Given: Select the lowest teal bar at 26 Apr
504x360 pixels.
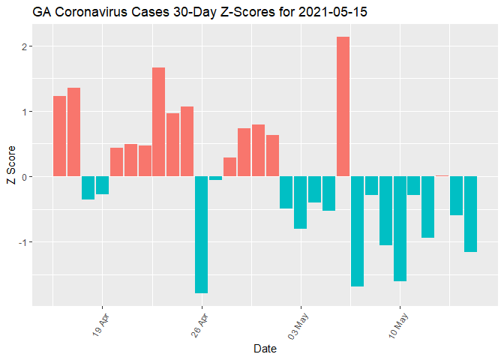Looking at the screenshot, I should [x=201, y=234].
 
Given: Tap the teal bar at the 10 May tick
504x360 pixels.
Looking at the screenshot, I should [x=400, y=229].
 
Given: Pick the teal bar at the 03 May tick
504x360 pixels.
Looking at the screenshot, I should [x=300, y=202].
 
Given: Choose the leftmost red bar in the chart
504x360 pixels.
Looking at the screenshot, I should [x=59, y=136].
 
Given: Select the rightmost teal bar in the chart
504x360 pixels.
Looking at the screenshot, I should [x=470, y=214].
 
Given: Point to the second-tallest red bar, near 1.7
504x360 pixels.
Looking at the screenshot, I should [x=158, y=121].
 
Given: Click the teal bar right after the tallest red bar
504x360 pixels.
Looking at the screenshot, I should [x=357, y=231].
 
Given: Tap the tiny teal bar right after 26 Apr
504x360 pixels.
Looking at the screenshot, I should [x=215, y=178].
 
